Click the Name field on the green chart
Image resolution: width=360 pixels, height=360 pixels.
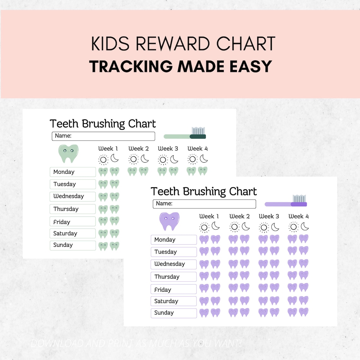[103, 136]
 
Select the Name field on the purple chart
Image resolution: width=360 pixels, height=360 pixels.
[204, 204]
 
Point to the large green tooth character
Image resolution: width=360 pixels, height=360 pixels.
[68, 153]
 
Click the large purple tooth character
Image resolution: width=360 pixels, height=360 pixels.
[169, 221]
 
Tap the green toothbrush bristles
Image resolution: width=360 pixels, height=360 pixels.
[198, 131]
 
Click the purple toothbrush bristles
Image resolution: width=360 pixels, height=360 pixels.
[299, 199]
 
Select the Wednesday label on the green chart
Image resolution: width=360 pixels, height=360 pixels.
[73, 196]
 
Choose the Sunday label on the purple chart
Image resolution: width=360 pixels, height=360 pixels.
[174, 313]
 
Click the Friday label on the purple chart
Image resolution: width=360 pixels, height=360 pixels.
[174, 289]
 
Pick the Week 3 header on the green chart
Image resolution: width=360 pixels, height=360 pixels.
[168, 148]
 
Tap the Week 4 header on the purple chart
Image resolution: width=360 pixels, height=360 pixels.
[298, 216]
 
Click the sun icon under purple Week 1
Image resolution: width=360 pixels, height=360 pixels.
[204, 227]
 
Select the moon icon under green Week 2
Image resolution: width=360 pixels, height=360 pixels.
[145, 159]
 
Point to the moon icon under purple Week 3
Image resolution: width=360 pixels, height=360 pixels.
[275, 227]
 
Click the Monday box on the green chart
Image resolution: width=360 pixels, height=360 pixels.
[73, 172]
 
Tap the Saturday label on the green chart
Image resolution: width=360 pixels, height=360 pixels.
[73, 234]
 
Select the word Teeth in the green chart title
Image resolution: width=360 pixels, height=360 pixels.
[64, 123]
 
